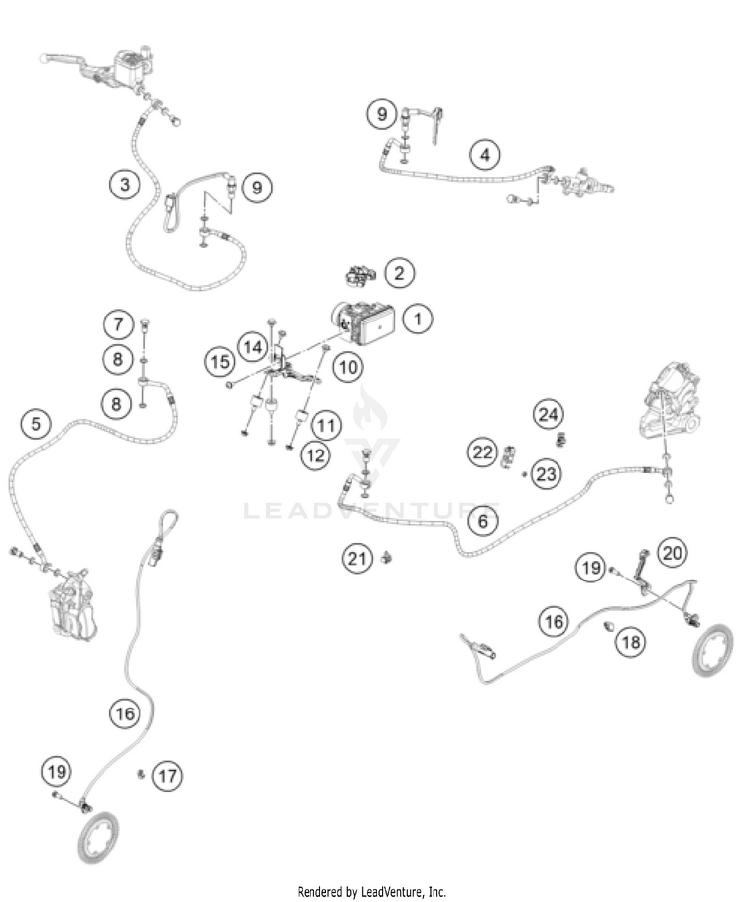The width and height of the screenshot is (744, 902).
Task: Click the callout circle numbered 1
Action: pos(419,320)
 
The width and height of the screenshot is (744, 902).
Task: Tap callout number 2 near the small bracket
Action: pos(399,272)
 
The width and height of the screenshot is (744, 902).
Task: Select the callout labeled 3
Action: pos(123,184)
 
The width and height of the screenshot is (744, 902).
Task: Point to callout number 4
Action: pos(484,155)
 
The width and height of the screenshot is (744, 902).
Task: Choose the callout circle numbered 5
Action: pos(36,425)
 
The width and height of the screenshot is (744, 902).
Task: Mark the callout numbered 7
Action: pos(119,323)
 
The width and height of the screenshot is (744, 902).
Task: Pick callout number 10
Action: pos(347,368)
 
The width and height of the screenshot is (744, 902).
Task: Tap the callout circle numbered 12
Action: pos(316,455)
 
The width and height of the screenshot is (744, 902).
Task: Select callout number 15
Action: pos(220,361)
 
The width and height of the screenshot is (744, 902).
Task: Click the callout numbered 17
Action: pos(168,775)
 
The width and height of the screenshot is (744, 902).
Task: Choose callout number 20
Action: pos(675,553)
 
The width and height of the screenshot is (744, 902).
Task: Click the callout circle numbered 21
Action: pos(357,559)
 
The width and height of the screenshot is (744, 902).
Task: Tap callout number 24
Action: pos(549,413)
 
